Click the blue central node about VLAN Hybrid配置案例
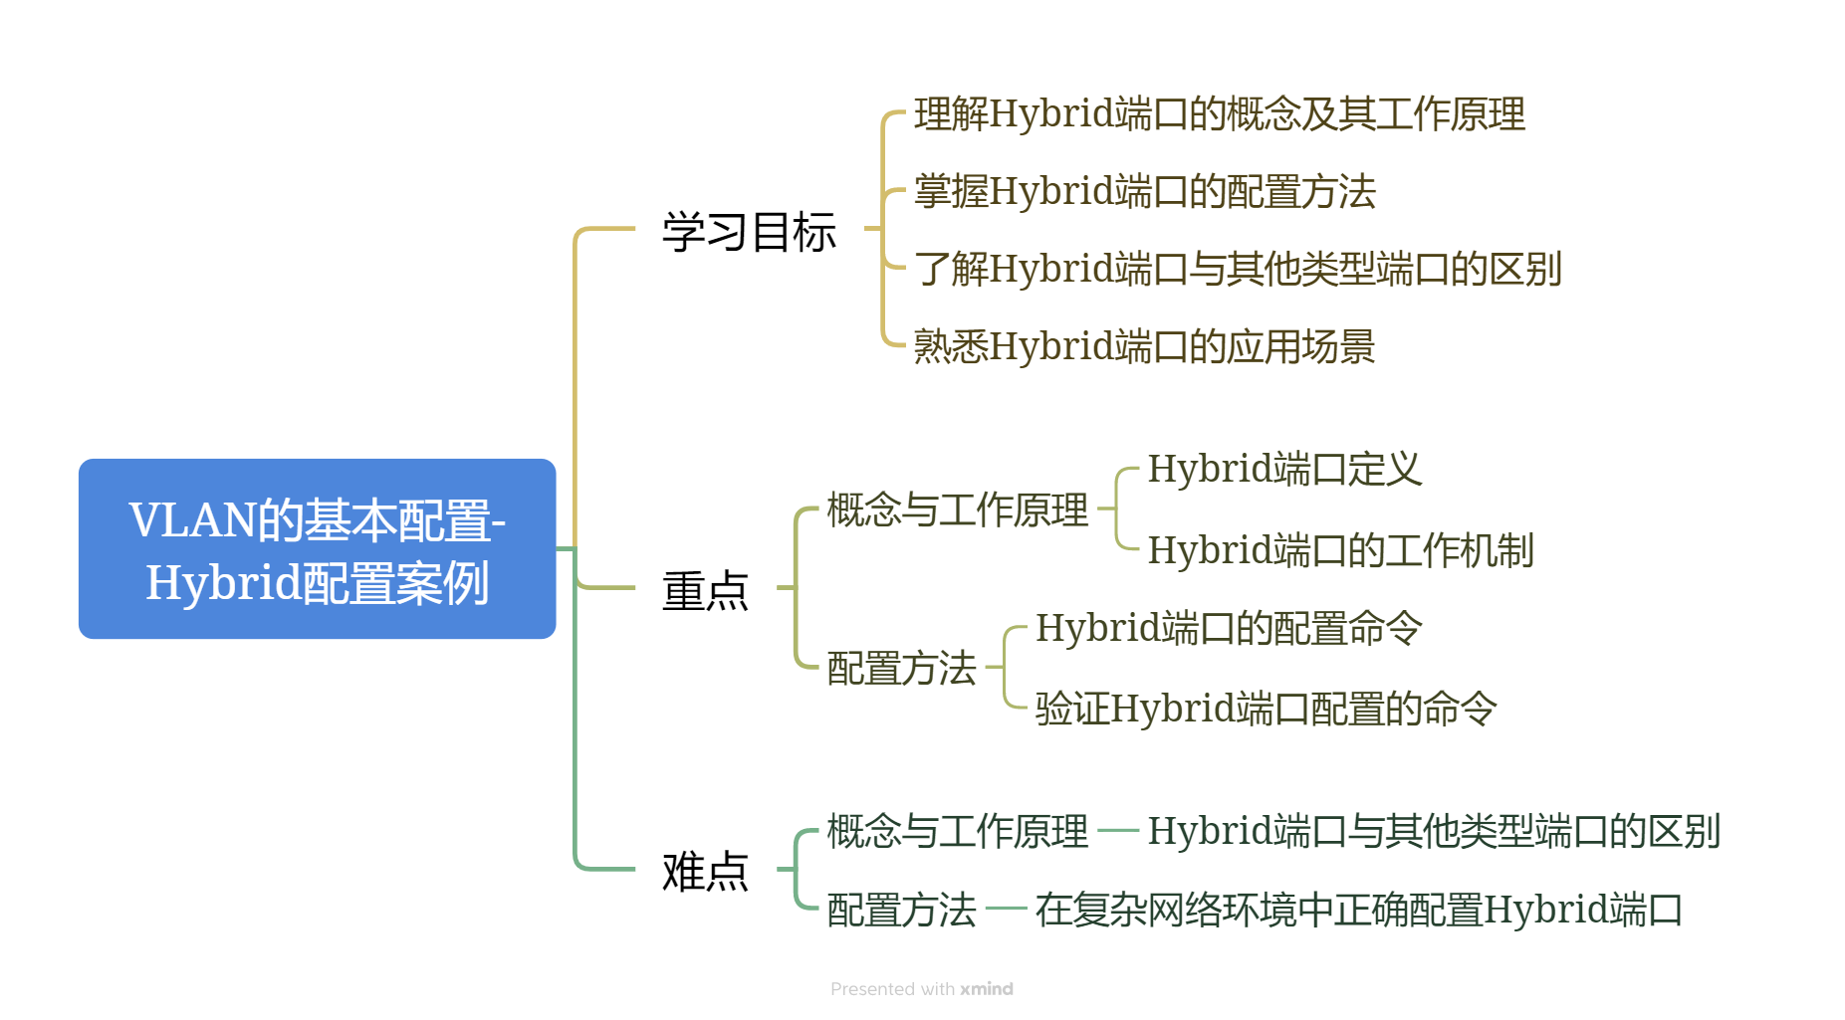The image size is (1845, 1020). (x=317, y=548)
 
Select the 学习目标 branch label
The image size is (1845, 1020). (x=749, y=232)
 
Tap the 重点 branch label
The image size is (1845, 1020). (x=705, y=590)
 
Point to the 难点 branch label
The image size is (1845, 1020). (x=705, y=871)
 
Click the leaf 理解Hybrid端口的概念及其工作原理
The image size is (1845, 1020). (x=1219, y=114)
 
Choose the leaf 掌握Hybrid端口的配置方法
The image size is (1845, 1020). (x=1144, y=191)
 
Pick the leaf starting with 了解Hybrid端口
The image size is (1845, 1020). (x=1237, y=269)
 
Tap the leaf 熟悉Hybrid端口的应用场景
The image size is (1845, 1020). (x=1144, y=346)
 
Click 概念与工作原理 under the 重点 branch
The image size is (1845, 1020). (x=957, y=510)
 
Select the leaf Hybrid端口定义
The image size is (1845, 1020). (x=1284, y=469)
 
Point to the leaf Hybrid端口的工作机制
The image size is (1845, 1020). (x=1339, y=550)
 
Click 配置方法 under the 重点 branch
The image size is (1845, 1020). (x=901, y=668)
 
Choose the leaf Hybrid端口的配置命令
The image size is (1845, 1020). (x=1228, y=628)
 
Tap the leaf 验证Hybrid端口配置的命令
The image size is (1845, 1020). (x=1266, y=709)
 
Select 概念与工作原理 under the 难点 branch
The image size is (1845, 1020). (x=957, y=831)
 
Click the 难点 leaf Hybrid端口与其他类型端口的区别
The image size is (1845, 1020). (x=1433, y=831)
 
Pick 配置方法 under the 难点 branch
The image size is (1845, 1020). (x=901, y=910)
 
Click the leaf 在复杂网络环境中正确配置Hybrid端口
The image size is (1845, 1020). (x=1358, y=910)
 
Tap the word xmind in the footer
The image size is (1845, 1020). (x=986, y=989)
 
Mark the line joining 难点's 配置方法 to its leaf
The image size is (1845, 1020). (x=1006, y=909)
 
